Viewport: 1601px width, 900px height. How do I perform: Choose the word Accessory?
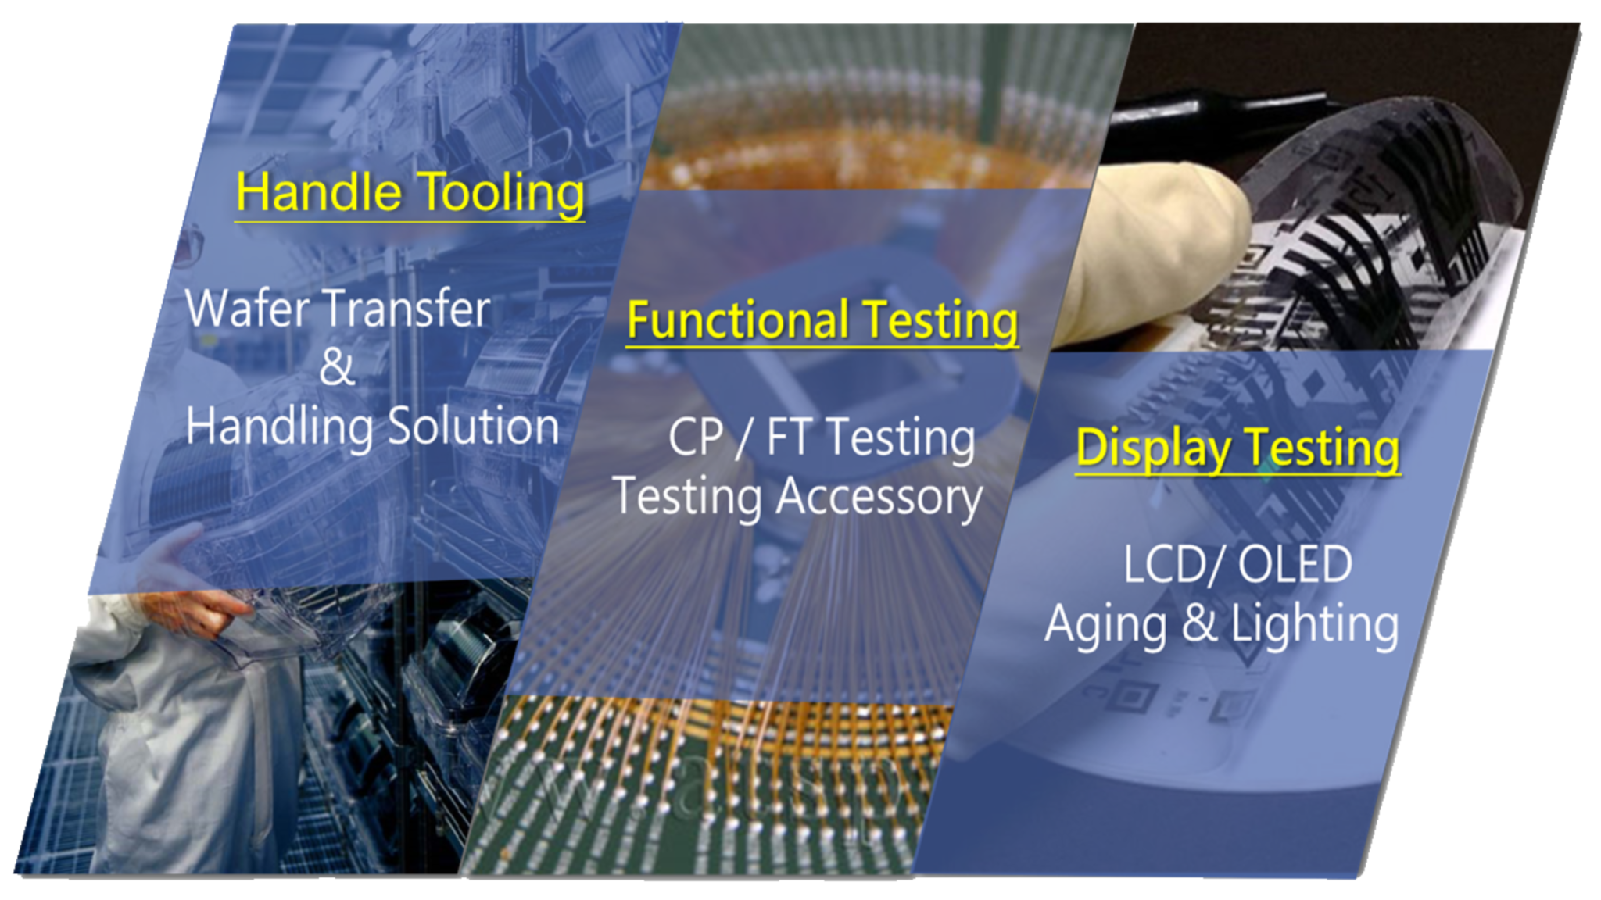coord(879,498)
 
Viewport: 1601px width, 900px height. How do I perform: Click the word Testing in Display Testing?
coord(1321,450)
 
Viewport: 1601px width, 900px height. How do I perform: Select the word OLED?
coord(1295,564)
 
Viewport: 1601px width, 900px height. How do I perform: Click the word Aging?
coord(1107,626)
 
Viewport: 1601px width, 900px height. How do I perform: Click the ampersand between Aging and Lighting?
coord(1199,623)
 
